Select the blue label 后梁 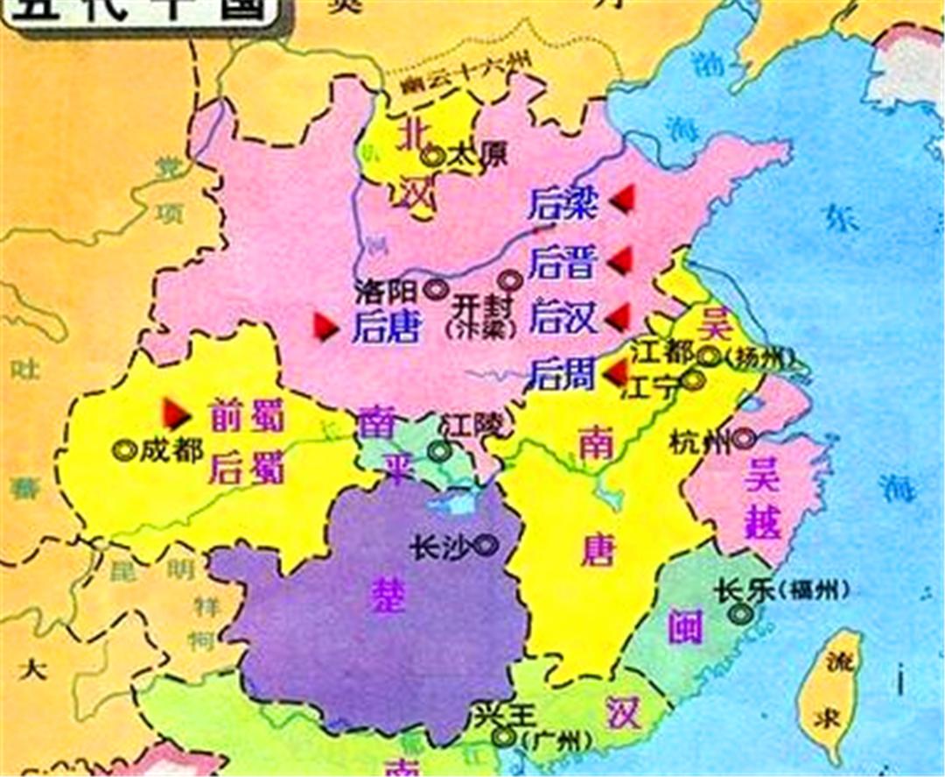pos(563,204)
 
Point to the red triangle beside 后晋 pos(621,259)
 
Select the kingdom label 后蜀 pos(247,468)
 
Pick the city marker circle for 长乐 pos(742,614)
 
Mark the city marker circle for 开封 pos(509,280)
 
